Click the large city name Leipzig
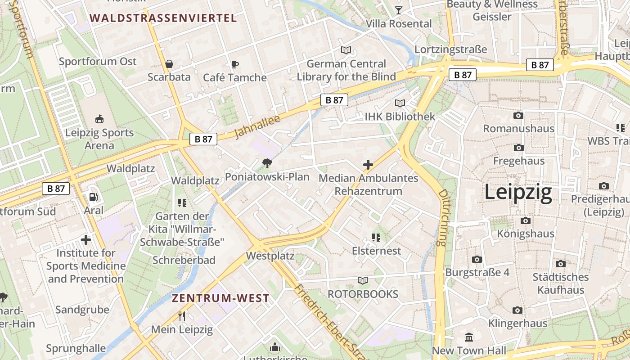point(518,193)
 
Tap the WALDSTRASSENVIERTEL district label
point(163,18)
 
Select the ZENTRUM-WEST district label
point(220,298)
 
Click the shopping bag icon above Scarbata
point(169,64)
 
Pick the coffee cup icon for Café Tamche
point(234,64)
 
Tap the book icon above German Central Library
point(346,50)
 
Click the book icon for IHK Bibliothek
point(400,103)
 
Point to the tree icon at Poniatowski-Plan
point(267,163)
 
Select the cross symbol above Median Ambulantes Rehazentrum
point(368,165)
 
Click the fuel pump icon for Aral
point(94,197)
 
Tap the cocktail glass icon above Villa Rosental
point(398,10)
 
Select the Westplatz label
point(270,256)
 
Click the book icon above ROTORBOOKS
point(363,280)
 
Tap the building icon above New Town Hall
point(469,337)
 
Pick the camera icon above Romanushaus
point(518,116)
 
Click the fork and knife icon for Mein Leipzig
point(182,316)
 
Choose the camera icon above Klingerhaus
point(518,310)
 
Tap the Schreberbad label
point(184,260)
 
